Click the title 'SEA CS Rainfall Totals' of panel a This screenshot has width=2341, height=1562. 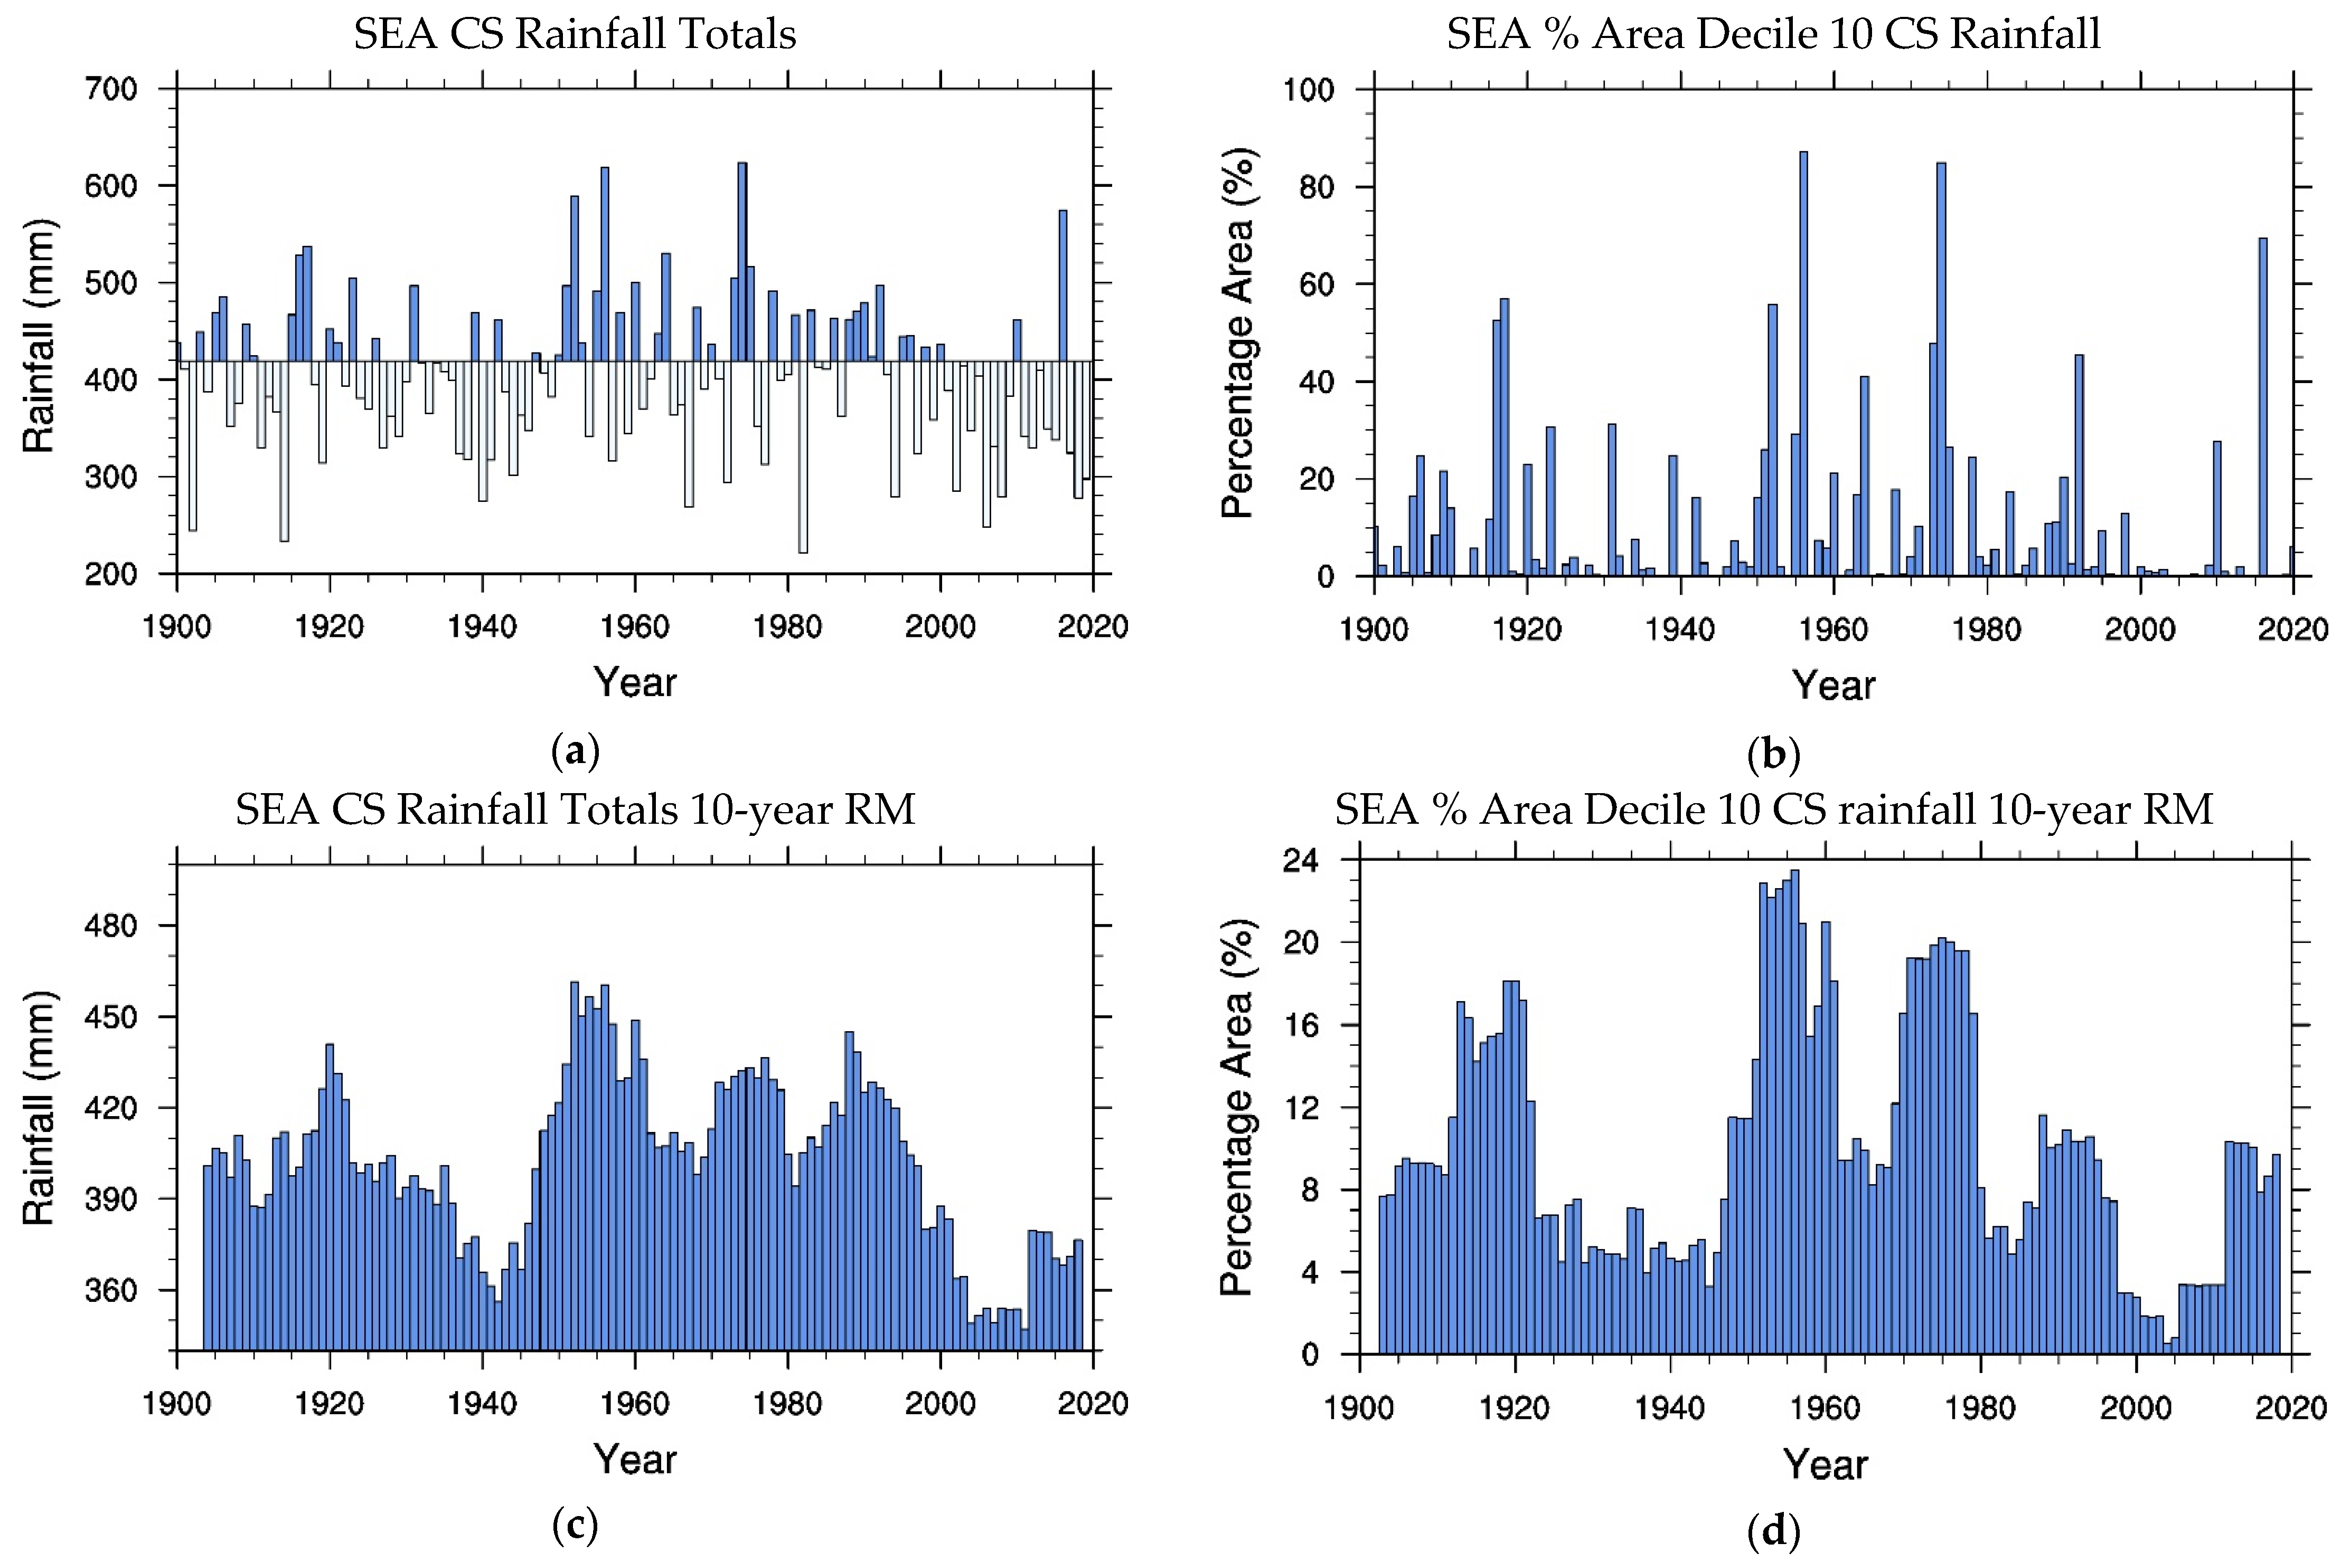tap(575, 34)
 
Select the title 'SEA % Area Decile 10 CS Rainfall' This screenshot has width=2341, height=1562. tap(1773, 34)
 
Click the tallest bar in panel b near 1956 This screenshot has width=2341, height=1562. tap(1803, 364)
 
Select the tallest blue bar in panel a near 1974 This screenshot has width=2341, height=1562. tap(741, 261)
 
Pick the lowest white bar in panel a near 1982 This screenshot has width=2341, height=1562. tap(802, 456)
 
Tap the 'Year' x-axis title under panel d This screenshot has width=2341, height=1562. tap(1825, 1464)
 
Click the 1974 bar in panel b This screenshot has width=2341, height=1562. tap(1940, 368)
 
